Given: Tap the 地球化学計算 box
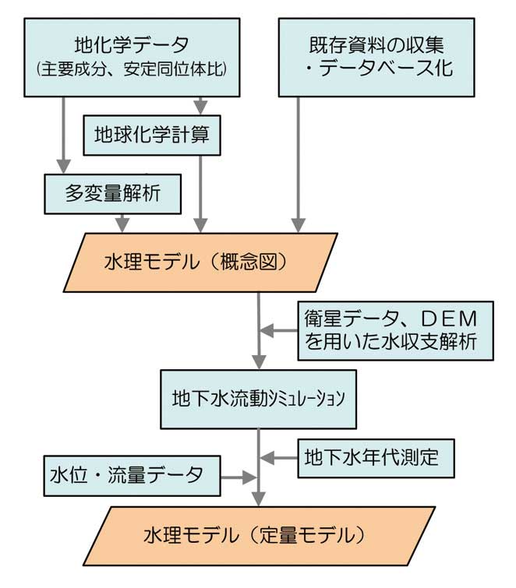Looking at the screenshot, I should click(151, 136).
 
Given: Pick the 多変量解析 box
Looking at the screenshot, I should click(113, 193).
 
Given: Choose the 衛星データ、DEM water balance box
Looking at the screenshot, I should click(395, 330).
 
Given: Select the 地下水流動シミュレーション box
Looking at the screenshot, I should click(258, 398).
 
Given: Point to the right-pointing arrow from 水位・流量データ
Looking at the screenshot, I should click(238, 475).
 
